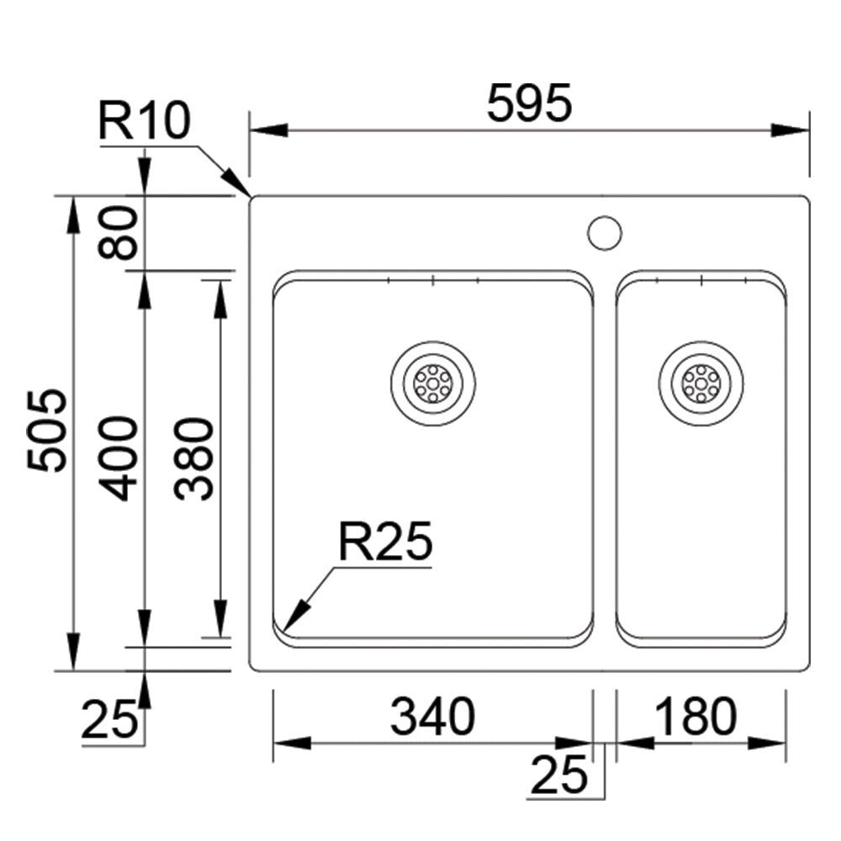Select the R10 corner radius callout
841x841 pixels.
click(144, 121)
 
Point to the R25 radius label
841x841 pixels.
click(384, 542)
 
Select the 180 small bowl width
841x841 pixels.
click(696, 717)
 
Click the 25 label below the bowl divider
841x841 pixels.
click(559, 775)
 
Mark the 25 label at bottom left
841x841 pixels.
click(109, 721)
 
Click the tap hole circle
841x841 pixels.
click(604, 232)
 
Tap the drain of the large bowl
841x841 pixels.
click(432, 383)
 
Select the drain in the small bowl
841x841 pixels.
click(701, 383)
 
